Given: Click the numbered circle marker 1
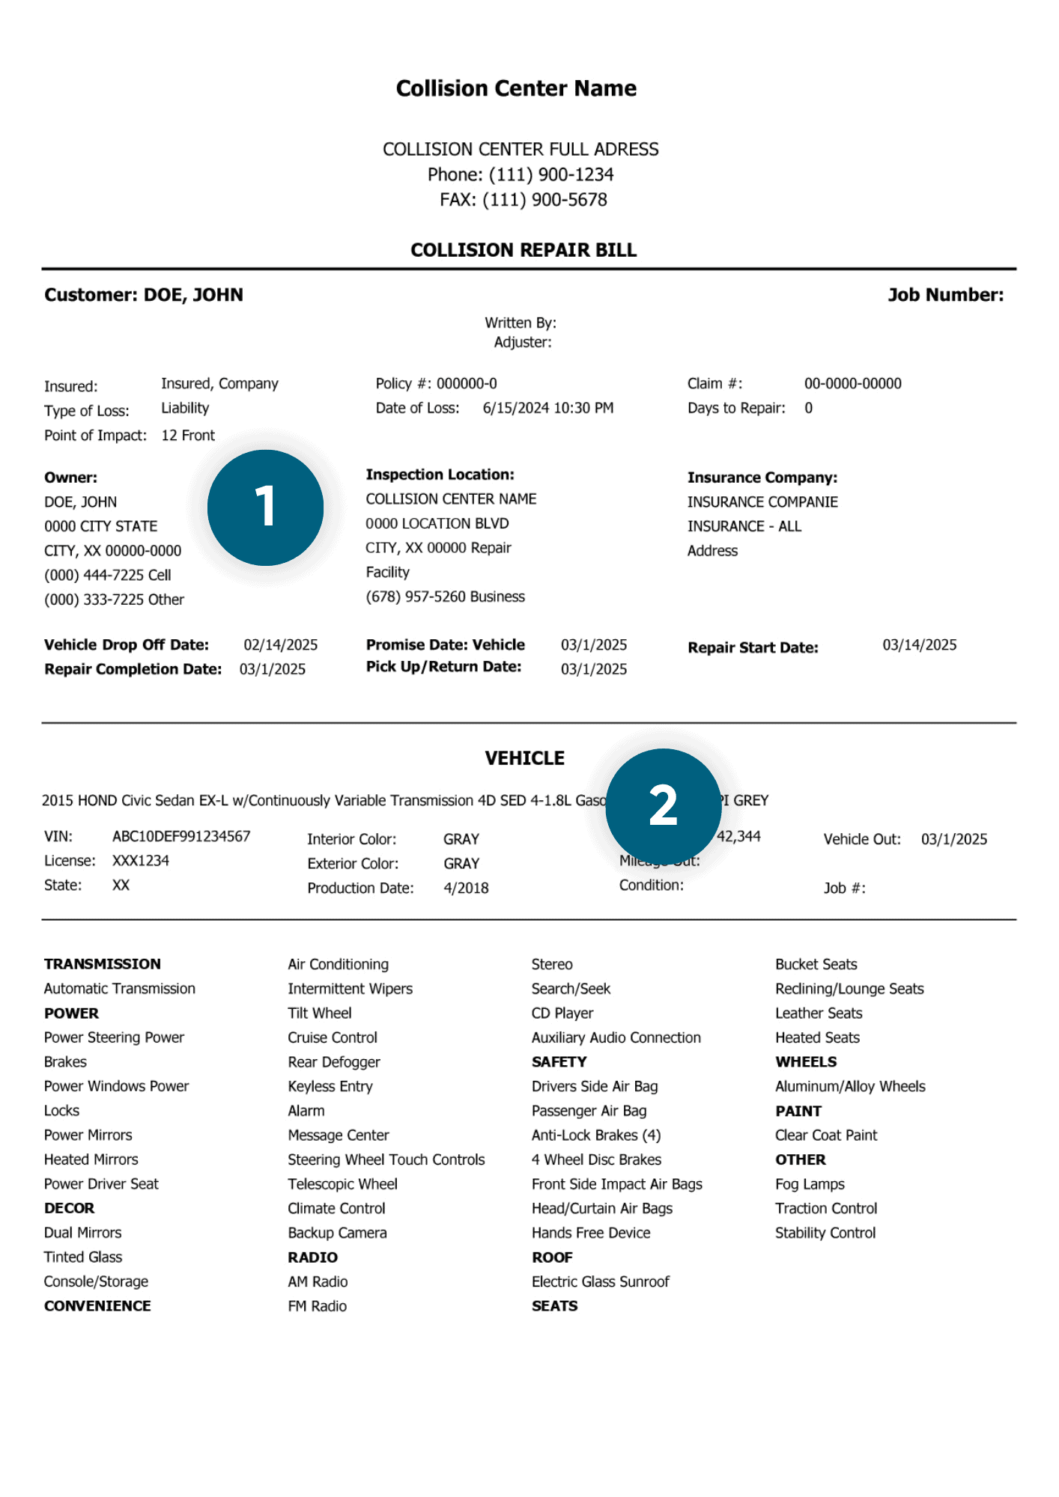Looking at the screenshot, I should tap(265, 507).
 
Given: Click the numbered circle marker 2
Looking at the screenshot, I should tap(663, 806).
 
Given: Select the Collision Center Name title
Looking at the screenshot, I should tap(516, 88).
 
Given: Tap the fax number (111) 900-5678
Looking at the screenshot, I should tap(544, 200).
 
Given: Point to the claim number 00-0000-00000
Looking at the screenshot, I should tap(852, 383).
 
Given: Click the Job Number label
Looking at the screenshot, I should tap(945, 295).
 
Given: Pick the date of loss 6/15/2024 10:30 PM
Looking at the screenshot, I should tap(547, 408).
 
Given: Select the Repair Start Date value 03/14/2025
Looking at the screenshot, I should tap(919, 645).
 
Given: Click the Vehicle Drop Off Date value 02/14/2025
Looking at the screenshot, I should tap(280, 645).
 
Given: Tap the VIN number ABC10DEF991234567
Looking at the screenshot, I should tap(181, 836).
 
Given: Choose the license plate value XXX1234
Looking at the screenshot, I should tap(141, 861).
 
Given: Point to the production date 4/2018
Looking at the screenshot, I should tap(466, 888).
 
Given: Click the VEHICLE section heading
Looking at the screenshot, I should tap(524, 758).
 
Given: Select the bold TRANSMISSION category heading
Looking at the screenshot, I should tap(103, 964).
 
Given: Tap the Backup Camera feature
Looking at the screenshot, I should tap(337, 1233).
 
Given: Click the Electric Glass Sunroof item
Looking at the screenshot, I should tap(600, 1281).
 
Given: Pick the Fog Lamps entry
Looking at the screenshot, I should tap(810, 1184).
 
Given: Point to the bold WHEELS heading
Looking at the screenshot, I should tap(806, 1062).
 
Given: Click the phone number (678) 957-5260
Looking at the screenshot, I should tap(445, 597).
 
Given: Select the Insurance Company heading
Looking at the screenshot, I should tap(762, 478).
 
